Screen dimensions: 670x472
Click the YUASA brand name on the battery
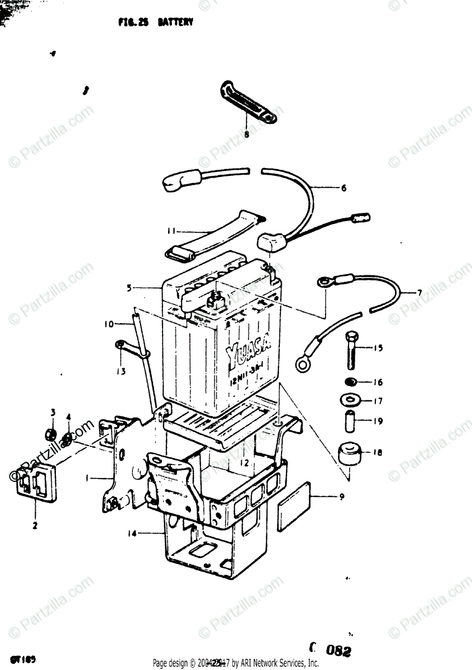[x=249, y=353]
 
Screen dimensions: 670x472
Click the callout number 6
[x=344, y=188]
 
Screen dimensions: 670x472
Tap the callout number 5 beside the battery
[x=129, y=289]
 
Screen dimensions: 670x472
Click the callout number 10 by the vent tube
[x=108, y=323]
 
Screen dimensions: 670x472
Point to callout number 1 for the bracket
[x=87, y=478]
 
